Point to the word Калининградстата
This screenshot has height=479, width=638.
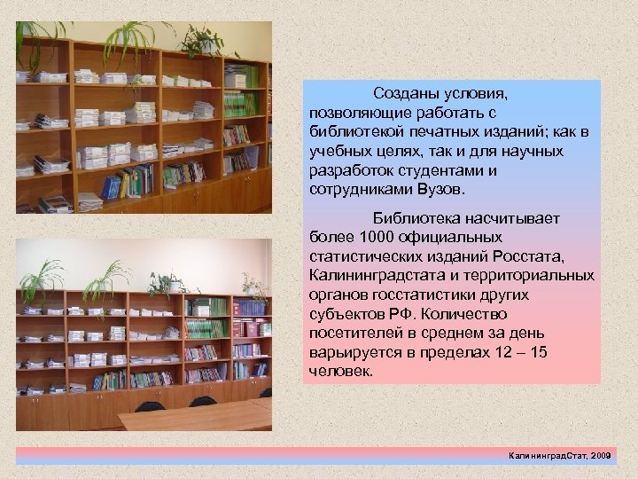[374, 275]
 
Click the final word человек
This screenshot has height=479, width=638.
[342, 372]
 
